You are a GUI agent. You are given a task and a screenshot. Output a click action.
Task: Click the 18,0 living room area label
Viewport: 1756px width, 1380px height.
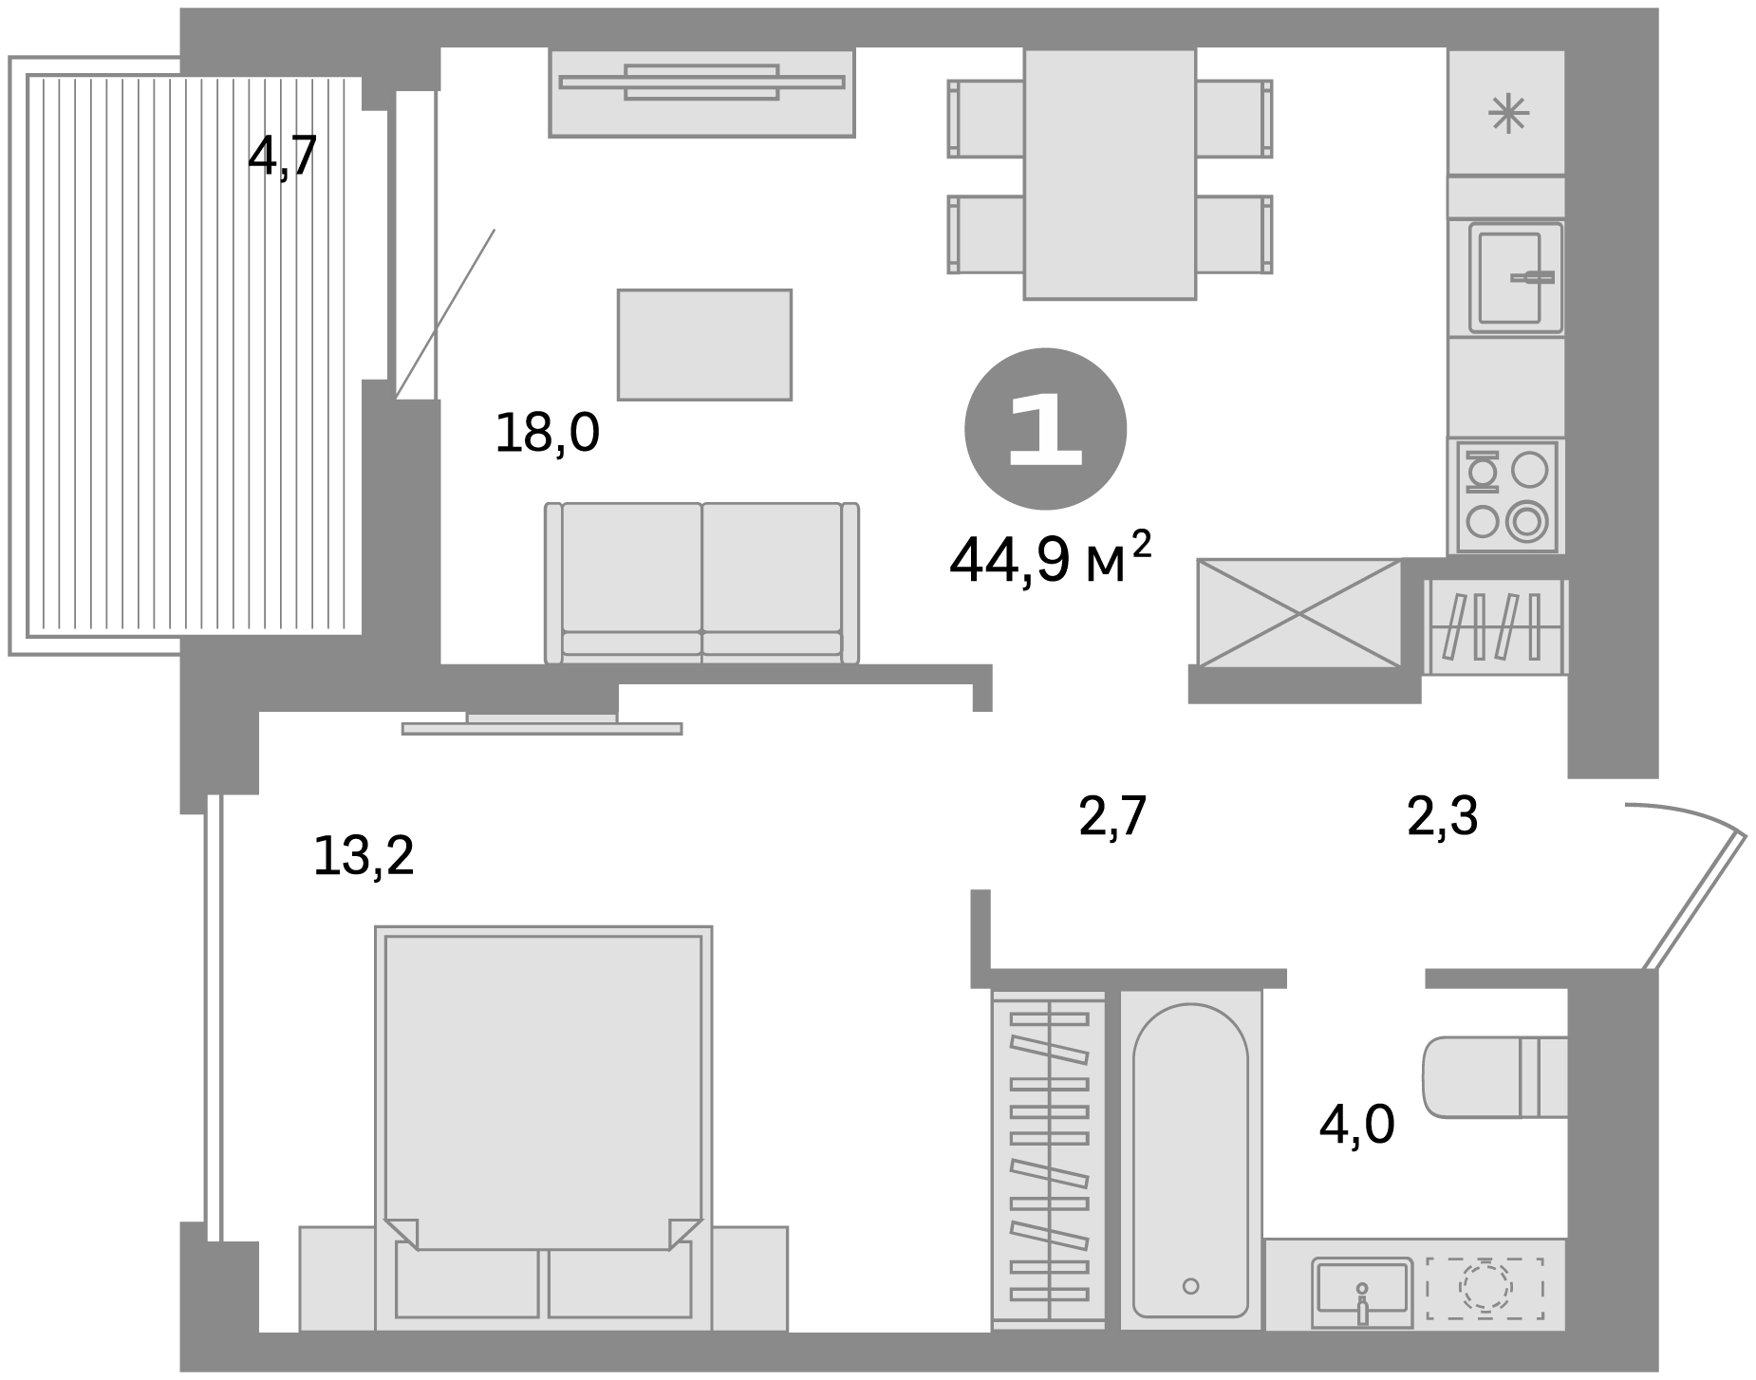pos(548,434)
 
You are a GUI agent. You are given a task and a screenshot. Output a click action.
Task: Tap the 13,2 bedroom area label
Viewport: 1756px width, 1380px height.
pos(364,856)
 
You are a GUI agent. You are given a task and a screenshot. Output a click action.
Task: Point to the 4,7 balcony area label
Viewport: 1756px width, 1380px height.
pos(282,157)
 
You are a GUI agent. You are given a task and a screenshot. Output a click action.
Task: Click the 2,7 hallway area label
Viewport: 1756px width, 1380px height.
pos(1113,816)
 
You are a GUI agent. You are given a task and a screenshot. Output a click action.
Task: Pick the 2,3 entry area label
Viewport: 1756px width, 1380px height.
pos(1442,816)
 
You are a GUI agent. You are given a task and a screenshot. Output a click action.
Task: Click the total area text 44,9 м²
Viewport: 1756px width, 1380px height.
pos(1050,560)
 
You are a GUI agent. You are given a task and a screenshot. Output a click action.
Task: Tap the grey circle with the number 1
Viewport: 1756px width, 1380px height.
pos(1045,430)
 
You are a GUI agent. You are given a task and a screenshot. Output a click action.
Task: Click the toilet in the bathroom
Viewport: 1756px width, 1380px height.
pos(1495,1076)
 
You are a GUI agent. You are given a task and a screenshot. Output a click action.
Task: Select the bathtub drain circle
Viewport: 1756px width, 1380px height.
pos(1190,1286)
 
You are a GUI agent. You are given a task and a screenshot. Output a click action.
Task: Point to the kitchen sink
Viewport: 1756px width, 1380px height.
pos(1516,277)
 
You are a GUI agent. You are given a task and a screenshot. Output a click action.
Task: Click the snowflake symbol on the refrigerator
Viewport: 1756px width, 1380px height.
pos(1508,115)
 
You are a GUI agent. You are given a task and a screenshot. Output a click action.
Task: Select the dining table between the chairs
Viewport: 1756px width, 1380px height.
pos(1109,174)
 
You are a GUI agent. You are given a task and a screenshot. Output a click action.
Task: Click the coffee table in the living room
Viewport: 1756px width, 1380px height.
pos(704,345)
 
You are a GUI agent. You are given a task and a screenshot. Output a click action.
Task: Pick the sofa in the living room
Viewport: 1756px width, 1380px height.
pos(701,583)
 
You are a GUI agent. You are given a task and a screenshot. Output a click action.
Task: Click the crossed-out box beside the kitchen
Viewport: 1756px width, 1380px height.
pos(1299,612)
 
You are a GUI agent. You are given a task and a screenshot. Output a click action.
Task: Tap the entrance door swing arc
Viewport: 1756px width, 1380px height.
pos(1686,817)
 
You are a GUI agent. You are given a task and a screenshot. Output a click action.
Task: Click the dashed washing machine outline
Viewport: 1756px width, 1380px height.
pos(1485,1290)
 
